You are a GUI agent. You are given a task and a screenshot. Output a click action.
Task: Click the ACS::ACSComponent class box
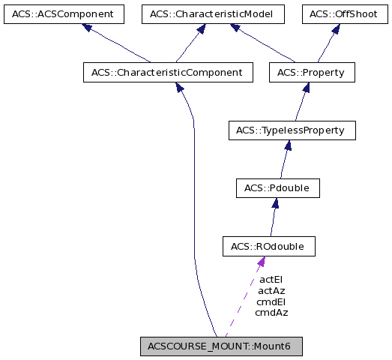click(62, 14)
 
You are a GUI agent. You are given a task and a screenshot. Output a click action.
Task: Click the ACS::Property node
click(311, 73)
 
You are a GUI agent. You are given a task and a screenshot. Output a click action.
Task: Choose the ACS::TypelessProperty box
click(290, 130)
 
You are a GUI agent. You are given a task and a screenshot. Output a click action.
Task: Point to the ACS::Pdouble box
click(277, 187)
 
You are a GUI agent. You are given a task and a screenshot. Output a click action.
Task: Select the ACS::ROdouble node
click(268, 246)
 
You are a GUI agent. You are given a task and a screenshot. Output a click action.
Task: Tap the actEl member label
click(271, 279)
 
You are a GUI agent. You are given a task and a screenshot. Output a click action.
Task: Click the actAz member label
click(271, 290)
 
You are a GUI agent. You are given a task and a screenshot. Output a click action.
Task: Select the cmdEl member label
click(271, 301)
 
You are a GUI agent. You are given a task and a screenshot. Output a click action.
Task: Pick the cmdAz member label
click(271, 313)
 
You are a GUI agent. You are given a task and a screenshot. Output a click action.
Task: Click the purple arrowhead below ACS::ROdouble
click(260, 262)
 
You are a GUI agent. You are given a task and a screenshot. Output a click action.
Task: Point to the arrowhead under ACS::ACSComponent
click(87, 28)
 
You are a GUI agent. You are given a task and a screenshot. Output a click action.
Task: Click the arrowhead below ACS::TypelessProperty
click(287, 145)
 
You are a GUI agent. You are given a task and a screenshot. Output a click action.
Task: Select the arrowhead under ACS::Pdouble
click(276, 202)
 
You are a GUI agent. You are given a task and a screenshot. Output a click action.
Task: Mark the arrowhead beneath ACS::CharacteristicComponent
click(180, 87)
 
